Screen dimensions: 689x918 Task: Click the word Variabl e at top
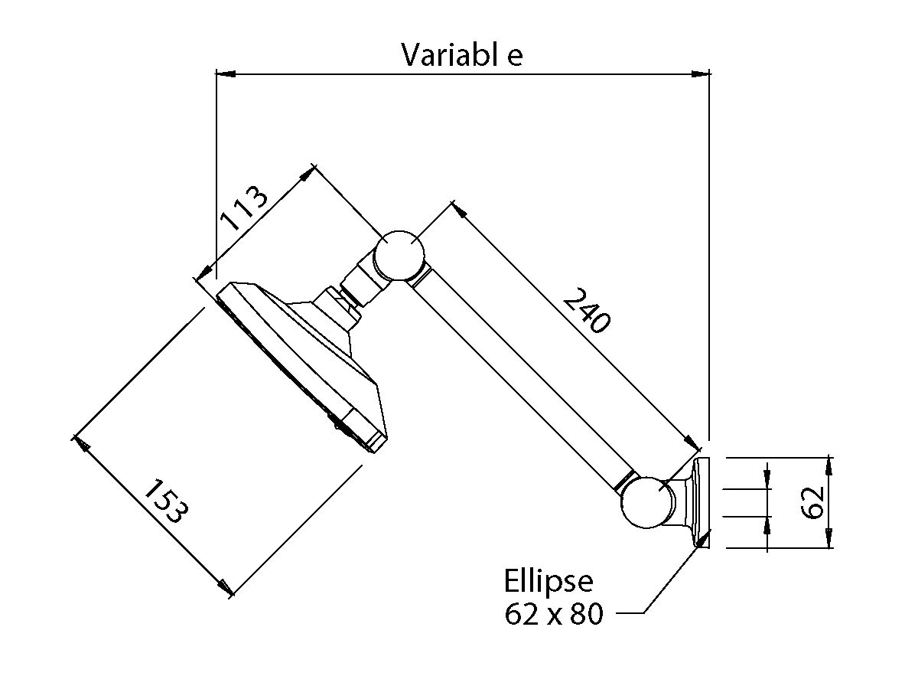pos(462,55)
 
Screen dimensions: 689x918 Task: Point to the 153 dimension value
pos(165,501)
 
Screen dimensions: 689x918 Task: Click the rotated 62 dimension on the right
pos(813,501)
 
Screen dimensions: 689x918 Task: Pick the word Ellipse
pos(549,581)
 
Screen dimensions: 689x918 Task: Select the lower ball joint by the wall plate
pos(647,502)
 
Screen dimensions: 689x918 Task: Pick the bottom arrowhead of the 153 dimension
pos(225,588)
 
